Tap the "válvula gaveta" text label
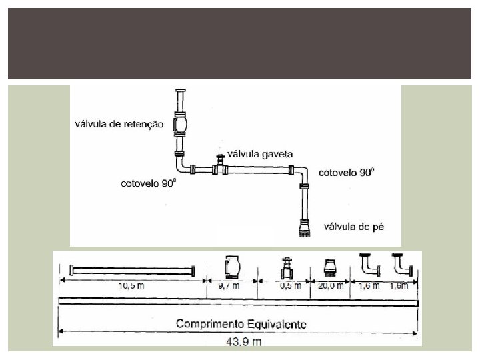pos(261,152)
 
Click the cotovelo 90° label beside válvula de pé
pos(347,172)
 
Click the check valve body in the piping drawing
pos(181,123)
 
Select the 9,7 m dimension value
pos(231,285)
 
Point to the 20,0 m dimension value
pos(329,285)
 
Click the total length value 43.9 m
pos(241,341)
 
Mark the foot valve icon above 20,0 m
pos(329,267)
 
